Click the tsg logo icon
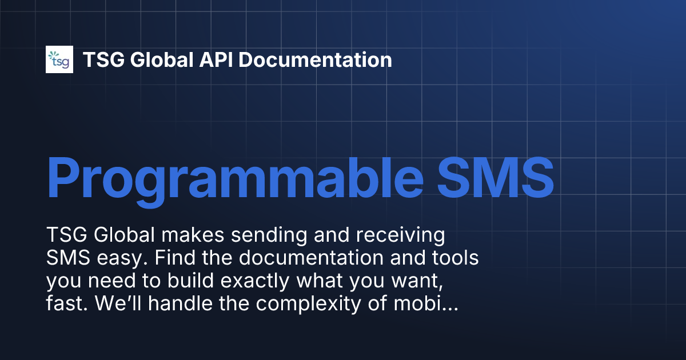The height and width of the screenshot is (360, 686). pos(59,59)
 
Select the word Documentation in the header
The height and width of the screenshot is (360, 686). pos(316,60)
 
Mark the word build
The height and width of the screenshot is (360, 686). pos(181,281)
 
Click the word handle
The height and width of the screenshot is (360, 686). pos(174,304)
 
